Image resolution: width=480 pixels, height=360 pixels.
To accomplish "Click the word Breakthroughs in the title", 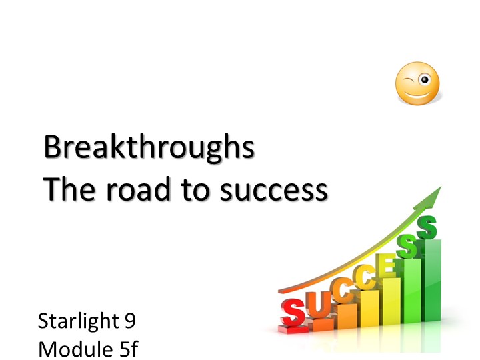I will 149,148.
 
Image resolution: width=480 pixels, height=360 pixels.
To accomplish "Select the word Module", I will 71,348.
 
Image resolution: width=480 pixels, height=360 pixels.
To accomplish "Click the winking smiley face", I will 417,85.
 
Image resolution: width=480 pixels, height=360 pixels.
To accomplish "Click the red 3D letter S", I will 293,310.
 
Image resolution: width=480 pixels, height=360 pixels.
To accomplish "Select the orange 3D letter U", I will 319,304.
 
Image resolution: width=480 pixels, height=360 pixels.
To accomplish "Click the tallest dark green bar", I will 432,293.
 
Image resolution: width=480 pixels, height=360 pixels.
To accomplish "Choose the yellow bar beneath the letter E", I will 390,310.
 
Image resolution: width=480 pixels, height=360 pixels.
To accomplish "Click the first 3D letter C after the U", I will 343,292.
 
